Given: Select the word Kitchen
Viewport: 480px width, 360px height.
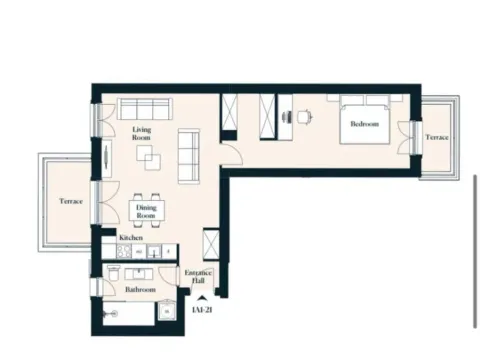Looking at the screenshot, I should [131, 239].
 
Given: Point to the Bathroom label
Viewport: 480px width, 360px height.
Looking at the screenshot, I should [140, 289].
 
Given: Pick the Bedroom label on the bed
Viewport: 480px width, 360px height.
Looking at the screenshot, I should [364, 125].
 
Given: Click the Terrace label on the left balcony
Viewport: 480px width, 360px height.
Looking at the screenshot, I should [70, 201].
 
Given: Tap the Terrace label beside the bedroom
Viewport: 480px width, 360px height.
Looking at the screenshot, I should [438, 136].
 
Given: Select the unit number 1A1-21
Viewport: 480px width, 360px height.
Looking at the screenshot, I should [204, 310].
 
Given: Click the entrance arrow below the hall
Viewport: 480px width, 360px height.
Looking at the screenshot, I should [204, 298].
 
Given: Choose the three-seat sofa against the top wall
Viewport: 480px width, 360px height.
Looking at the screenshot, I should [146, 108].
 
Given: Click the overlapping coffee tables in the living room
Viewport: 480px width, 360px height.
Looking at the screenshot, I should [148, 158].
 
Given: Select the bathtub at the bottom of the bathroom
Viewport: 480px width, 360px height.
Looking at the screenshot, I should [136, 314].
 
